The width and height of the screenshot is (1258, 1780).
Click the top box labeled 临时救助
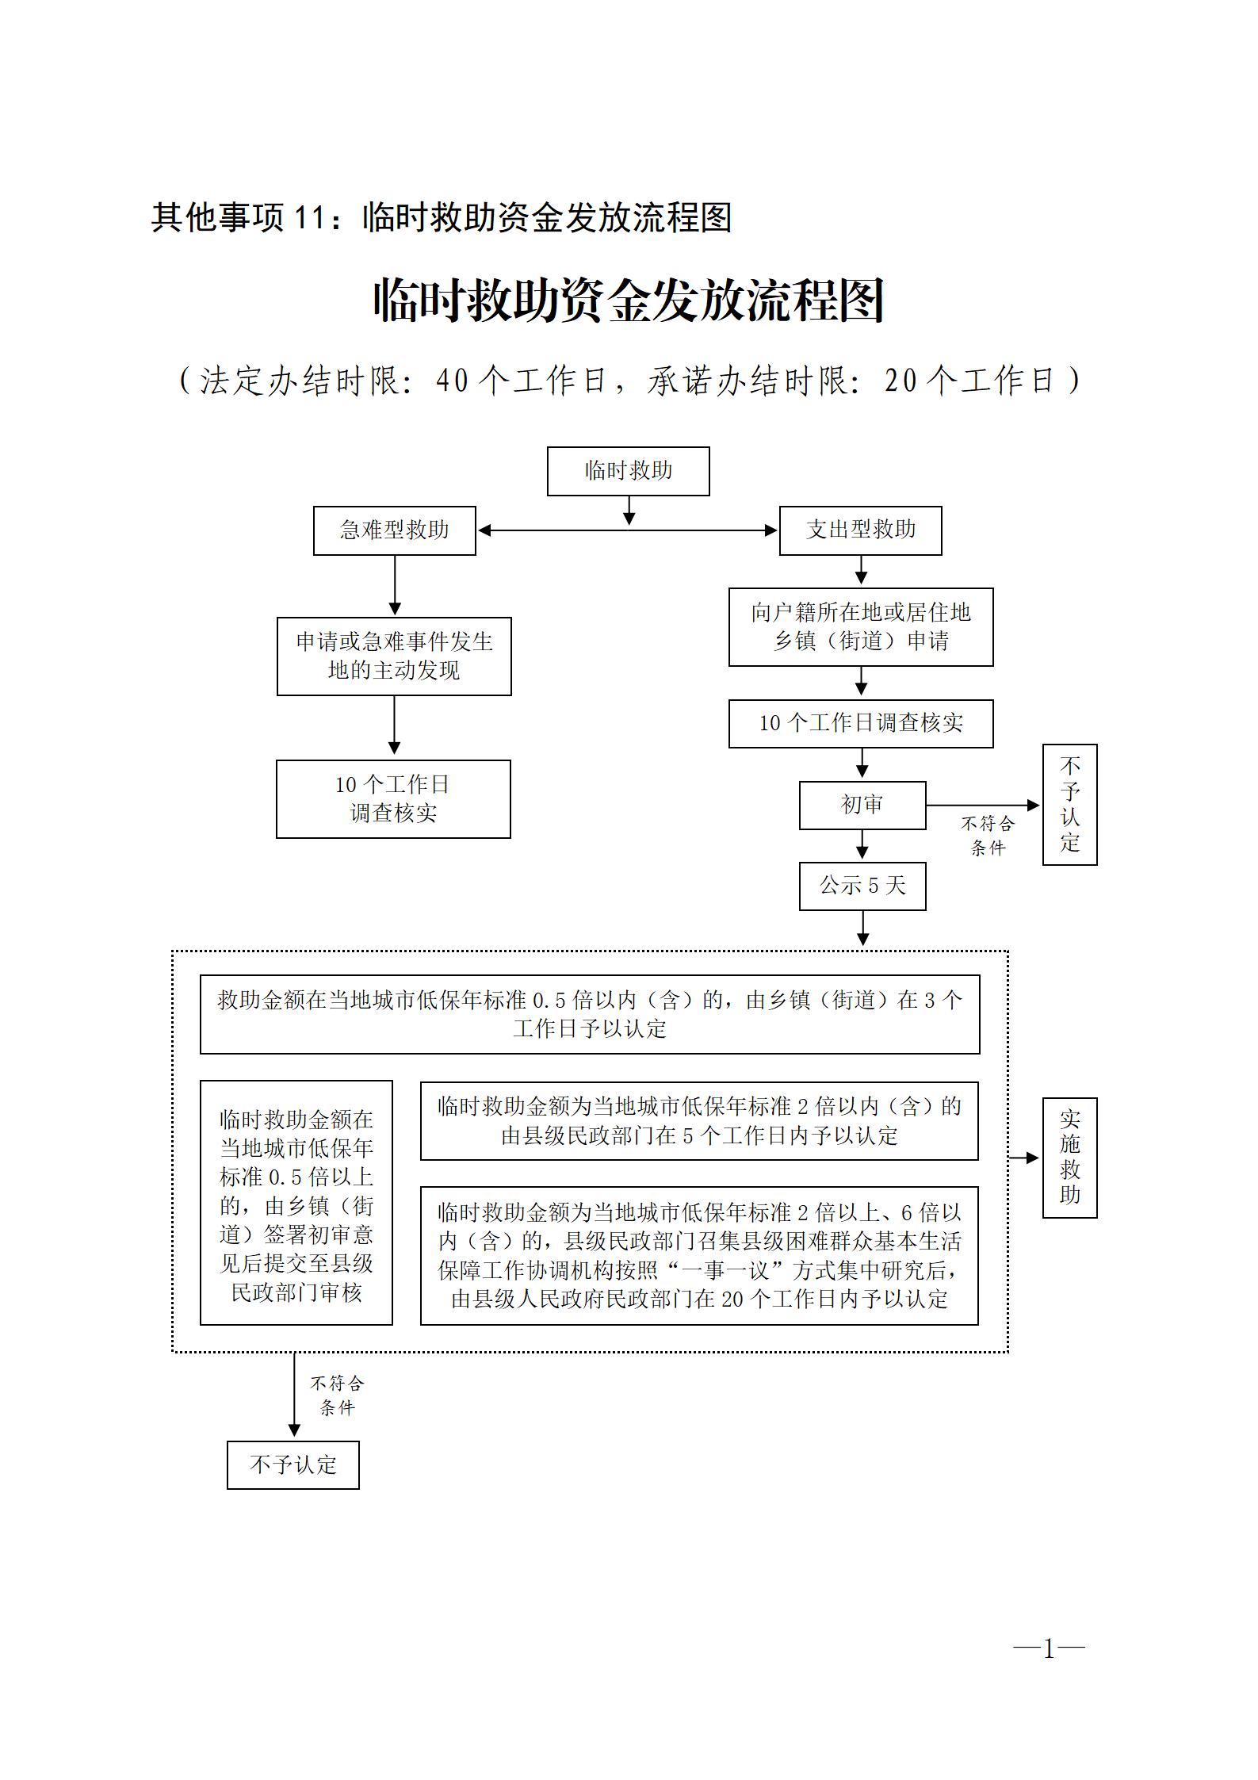[628, 471]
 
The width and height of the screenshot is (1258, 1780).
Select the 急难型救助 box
[394, 530]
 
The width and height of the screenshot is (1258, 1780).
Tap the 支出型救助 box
[860, 530]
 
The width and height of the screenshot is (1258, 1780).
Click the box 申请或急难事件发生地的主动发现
[394, 656]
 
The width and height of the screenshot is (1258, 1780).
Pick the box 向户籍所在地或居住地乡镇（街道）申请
[861, 626]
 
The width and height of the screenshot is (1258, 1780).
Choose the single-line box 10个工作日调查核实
[861, 723]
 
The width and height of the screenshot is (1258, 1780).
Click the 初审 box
[862, 806]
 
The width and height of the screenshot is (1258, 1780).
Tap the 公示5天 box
[862, 886]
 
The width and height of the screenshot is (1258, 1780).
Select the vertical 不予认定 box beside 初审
[1069, 804]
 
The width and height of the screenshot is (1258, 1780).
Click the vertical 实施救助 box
[1069, 1158]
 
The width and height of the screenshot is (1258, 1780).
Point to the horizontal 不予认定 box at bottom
[293, 1465]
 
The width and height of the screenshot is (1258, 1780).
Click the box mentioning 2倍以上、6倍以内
[699, 1256]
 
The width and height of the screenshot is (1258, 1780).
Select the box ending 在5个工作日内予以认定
[699, 1121]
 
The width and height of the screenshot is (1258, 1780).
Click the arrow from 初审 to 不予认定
[983, 806]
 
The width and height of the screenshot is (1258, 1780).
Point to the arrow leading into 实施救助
[1024, 1158]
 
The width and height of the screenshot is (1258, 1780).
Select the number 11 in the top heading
[308, 218]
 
